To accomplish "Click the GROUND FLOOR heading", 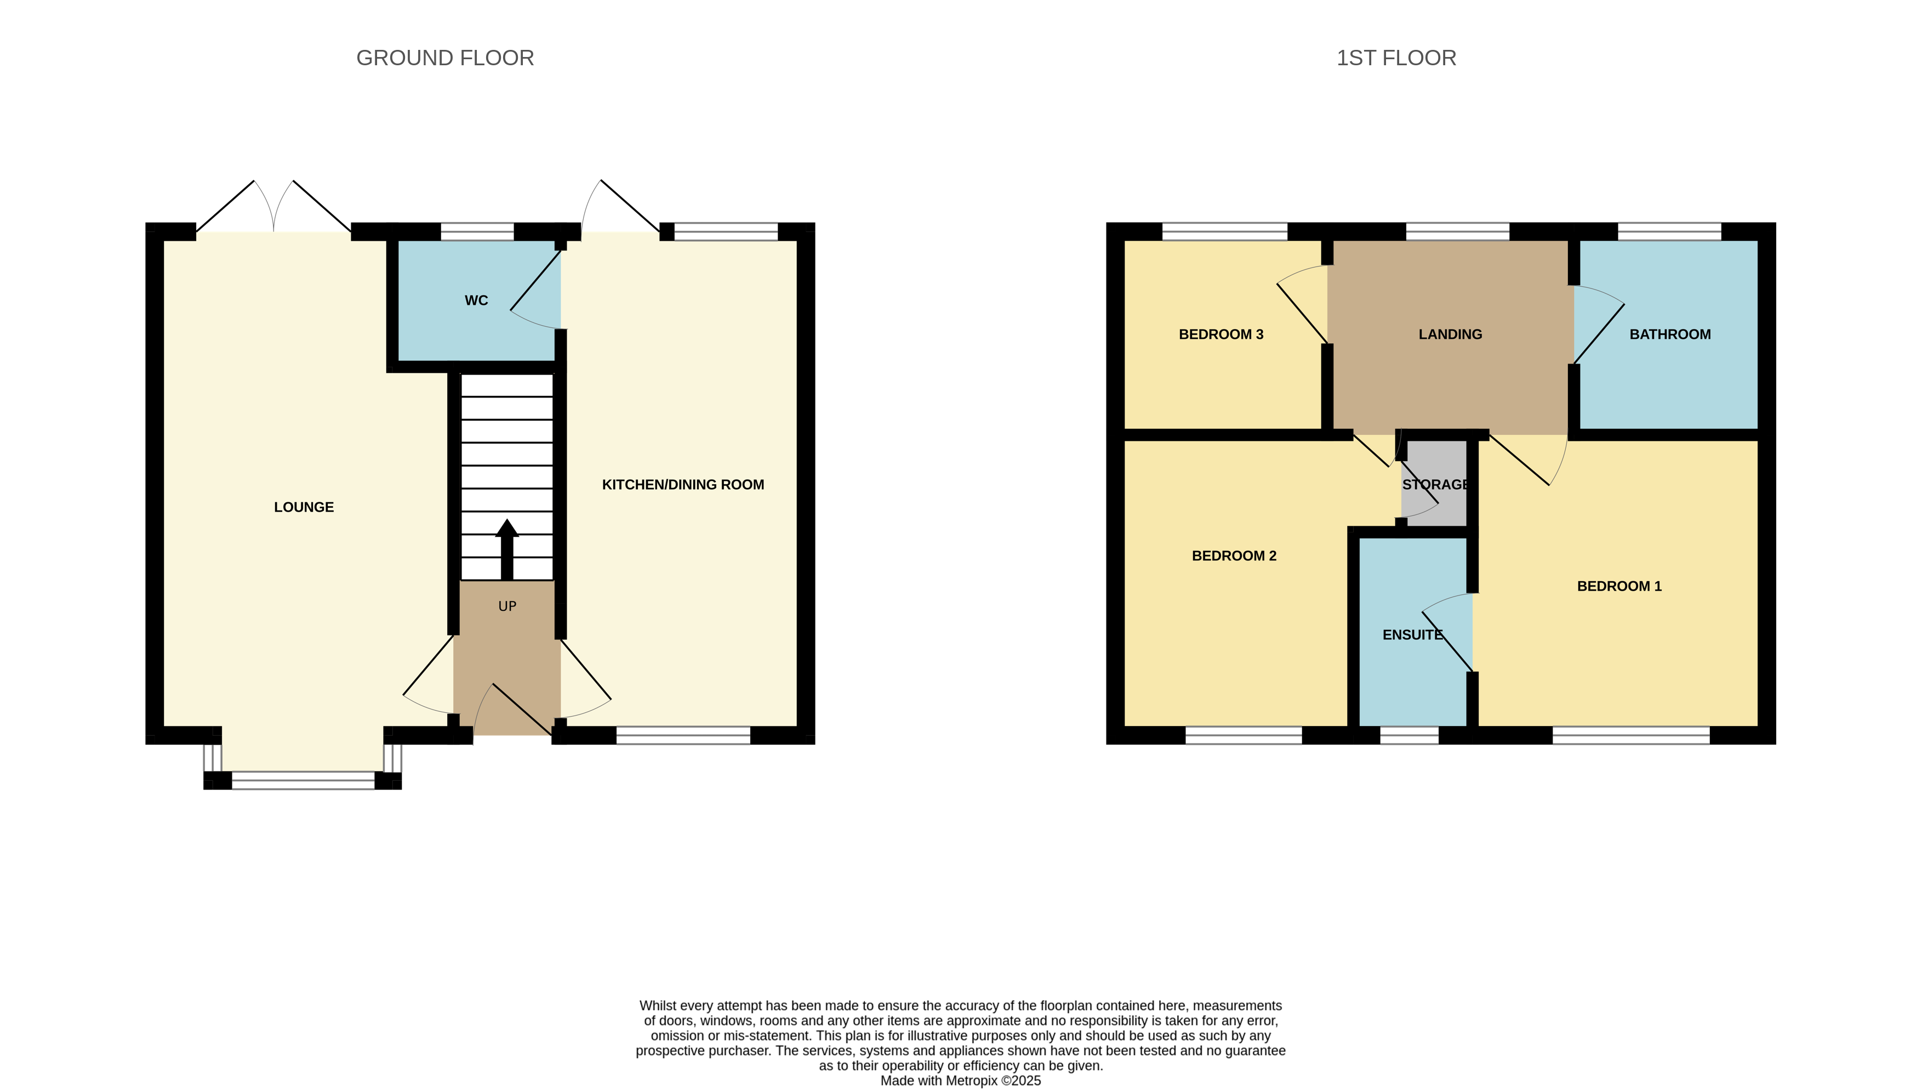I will (x=445, y=58).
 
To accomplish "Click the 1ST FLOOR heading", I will (x=1396, y=58).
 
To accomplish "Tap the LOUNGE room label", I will (x=304, y=507).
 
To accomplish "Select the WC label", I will (x=476, y=300).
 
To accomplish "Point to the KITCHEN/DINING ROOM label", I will (x=682, y=485).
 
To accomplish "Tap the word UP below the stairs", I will (x=507, y=606).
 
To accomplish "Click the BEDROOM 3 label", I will (x=1221, y=334).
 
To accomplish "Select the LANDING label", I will (x=1450, y=334).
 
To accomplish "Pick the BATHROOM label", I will (x=1670, y=334).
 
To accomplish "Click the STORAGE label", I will (x=1435, y=485).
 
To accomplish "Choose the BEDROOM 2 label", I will (x=1234, y=555).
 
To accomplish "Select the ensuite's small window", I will (x=1409, y=735).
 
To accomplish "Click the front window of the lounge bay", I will (x=303, y=781).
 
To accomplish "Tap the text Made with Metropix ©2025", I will (x=960, y=1081).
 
